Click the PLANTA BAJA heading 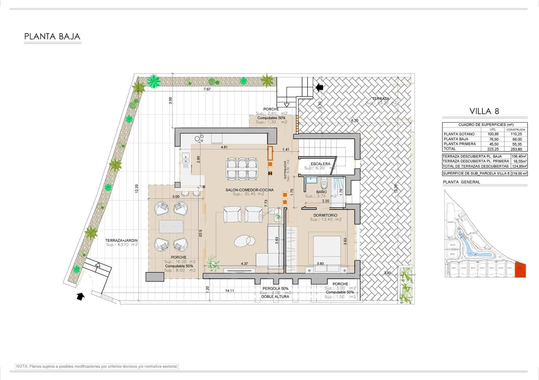52,36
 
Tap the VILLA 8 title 484,111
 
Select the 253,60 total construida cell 516,149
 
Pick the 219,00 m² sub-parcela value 519,174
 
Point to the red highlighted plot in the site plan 520,270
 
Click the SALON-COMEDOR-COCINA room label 249,190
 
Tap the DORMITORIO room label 325,215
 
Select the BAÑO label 321,192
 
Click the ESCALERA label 320,164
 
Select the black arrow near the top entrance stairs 320,87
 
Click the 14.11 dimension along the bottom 229,291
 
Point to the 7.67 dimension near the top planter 207,89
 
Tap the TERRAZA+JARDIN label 121,240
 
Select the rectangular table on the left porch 171,226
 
